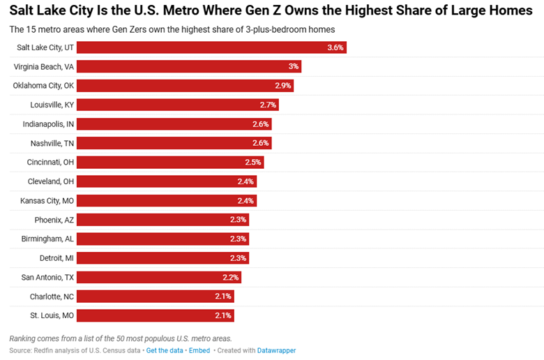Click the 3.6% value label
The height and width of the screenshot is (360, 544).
(x=335, y=47)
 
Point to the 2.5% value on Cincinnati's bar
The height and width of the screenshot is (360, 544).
(x=253, y=162)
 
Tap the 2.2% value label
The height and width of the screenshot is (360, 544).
(x=231, y=277)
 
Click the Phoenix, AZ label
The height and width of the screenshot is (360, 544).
(x=54, y=220)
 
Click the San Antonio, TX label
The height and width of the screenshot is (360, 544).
(x=47, y=277)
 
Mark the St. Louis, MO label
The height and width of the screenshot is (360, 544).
(x=52, y=315)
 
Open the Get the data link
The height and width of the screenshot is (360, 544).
(x=165, y=350)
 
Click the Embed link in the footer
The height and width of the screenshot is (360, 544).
(x=199, y=350)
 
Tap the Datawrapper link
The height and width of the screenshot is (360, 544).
(x=277, y=350)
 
